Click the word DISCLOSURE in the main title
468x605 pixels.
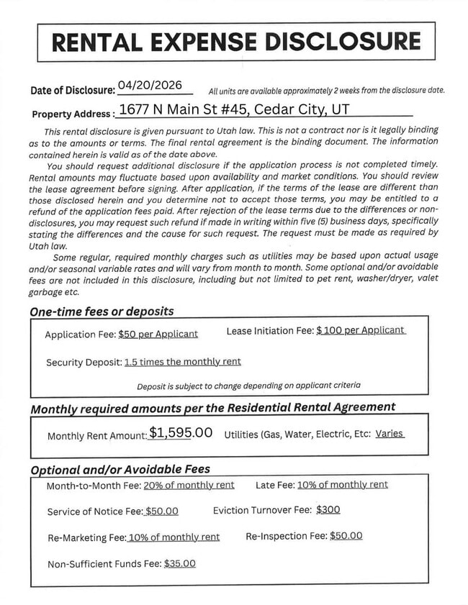[x=343, y=41]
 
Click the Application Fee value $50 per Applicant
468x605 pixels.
[x=158, y=335]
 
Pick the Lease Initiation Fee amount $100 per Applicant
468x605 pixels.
[x=361, y=330]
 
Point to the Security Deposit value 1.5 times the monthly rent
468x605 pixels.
[x=182, y=362]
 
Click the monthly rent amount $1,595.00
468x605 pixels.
[x=181, y=433]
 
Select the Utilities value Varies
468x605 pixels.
[x=390, y=434]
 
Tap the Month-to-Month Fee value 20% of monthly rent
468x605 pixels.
[x=189, y=485]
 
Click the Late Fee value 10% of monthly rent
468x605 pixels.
[x=343, y=485]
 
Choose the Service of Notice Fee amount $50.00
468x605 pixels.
[x=161, y=511]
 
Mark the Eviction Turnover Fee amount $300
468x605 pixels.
[x=328, y=509]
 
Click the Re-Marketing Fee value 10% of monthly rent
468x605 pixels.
[x=174, y=537]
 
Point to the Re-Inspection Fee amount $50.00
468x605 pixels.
[x=346, y=536]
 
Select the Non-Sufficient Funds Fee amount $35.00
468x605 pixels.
[x=180, y=564]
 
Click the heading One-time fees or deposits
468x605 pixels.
[x=102, y=311]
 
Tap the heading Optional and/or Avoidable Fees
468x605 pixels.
[x=120, y=469]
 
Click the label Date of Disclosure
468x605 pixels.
[x=72, y=91]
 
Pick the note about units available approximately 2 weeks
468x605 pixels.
[x=326, y=91]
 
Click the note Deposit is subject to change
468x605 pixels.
[x=249, y=386]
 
